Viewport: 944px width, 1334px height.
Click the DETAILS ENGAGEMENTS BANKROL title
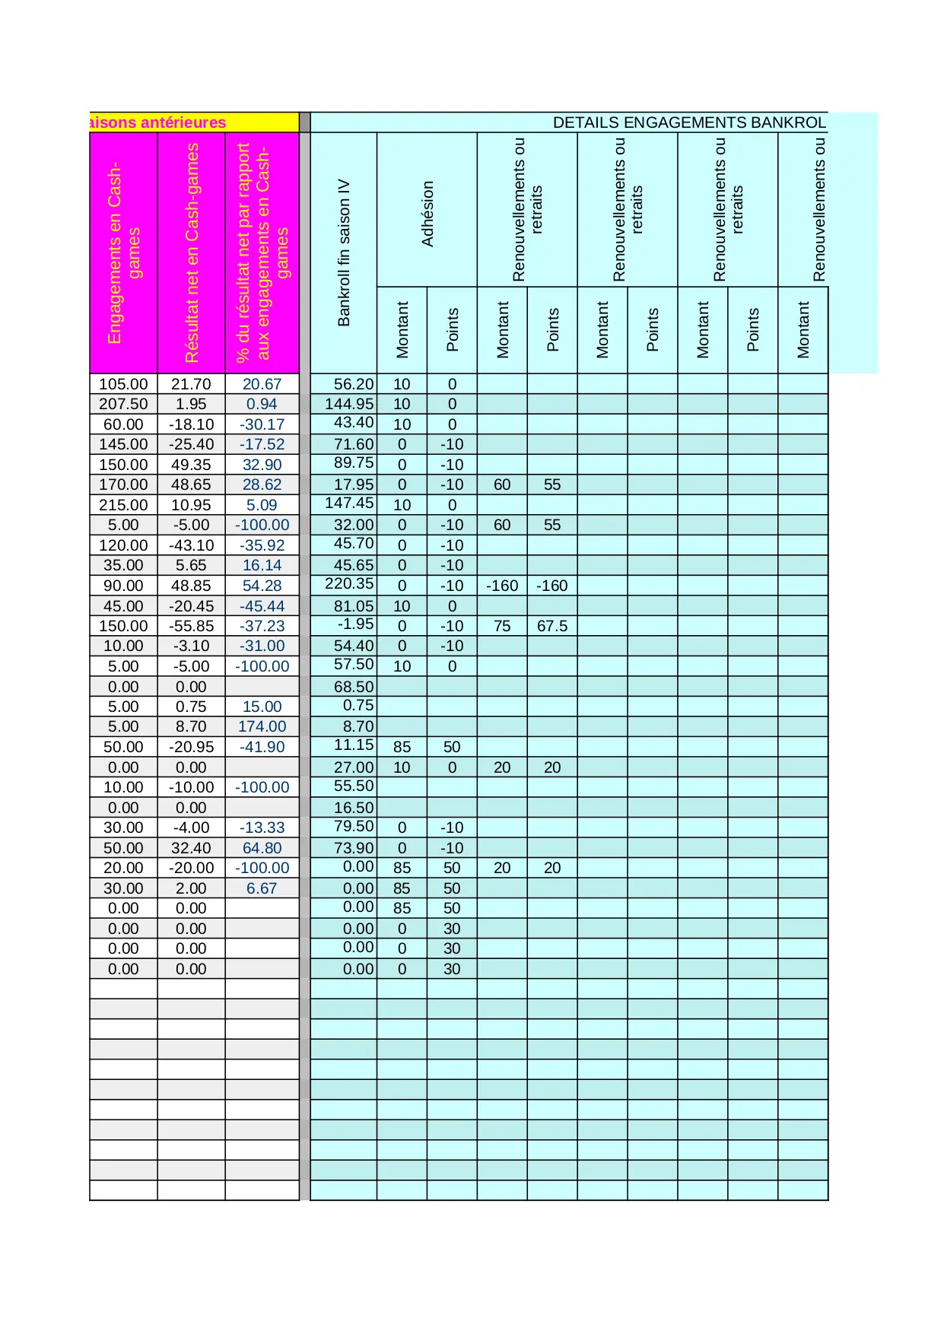click(688, 123)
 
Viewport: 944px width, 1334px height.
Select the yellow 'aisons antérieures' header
click(158, 123)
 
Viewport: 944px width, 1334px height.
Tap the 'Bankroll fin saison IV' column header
click(344, 253)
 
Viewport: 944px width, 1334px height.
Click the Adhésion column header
click(428, 214)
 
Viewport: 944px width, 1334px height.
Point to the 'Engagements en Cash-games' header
click(123, 253)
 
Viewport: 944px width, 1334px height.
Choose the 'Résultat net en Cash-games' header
click(192, 253)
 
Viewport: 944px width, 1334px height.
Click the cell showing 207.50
click(123, 405)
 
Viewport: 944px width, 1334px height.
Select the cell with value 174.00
click(262, 727)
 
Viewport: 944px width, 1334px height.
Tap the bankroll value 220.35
click(349, 584)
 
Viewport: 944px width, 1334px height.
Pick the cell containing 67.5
click(552, 626)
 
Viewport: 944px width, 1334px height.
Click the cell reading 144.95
click(349, 405)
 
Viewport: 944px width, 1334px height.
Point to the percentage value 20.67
click(262, 385)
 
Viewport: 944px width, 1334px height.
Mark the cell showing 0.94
click(262, 405)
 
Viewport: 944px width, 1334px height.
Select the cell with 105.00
click(123, 385)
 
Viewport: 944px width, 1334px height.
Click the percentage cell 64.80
click(262, 848)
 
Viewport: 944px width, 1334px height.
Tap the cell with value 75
click(502, 626)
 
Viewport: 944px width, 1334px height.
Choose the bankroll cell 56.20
click(354, 385)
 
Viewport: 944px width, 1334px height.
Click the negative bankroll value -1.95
click(356, 624)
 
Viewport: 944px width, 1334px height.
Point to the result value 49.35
click(191, 465)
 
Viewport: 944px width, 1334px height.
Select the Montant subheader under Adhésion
click(402, 330)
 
